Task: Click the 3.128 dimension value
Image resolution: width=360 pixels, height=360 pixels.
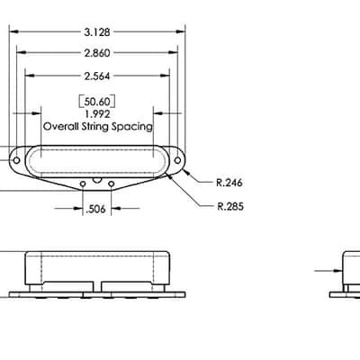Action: [x=97, y=32]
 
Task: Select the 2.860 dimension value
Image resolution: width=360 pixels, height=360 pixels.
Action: [x=97, y=53]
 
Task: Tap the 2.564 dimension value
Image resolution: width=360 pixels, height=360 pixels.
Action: [x=97, y=76]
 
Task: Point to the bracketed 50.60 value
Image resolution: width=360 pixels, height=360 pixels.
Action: [x=96, y=102]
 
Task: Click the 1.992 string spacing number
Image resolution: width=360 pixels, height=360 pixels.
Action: [x=97, y=114]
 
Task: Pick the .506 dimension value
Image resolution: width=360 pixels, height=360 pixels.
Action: [x=95, y=209]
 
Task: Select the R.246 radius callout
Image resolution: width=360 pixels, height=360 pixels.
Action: [x=229, y=183]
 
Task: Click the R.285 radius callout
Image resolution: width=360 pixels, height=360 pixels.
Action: [x=230, y=206]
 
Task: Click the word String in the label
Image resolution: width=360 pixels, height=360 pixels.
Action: [x=95, y=127]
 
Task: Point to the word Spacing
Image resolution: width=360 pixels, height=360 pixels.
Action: [x=132, y=127]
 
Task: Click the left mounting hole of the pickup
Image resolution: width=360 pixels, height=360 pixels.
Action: [x=17, y=160]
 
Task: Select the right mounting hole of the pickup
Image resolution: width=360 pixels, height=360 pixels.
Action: [x=177, y=160]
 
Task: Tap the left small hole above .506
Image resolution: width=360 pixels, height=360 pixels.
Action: [x=83, y=184]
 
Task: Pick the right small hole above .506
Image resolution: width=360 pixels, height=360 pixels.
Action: [x=112, y=184]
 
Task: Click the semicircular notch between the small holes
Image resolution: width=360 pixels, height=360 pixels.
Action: [x=97, y=181]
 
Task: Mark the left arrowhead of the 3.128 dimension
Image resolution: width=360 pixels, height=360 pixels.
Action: [x=14, y=31]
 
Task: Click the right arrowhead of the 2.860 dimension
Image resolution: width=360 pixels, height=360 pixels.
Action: [x=173, y=53]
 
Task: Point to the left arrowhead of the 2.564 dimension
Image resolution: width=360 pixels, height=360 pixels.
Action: [x=30, y=76]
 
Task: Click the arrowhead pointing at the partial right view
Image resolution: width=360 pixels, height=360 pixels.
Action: [x=338, y=271]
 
